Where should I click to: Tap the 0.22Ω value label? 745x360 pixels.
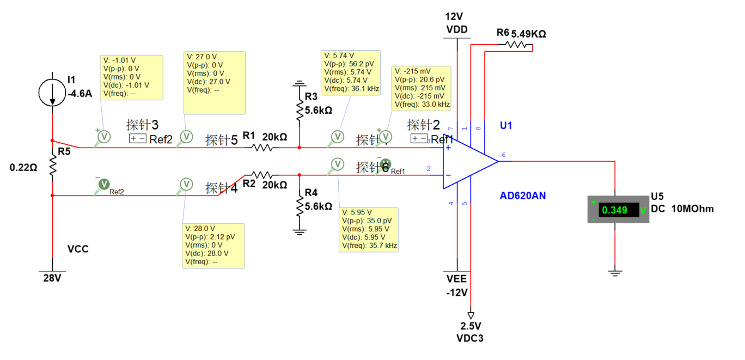tap(23, 168)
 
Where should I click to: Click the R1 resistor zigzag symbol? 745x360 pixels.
tap(266, 147)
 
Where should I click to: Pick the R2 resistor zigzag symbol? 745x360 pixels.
tap(261, 175)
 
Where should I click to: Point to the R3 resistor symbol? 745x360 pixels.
tap(299, 109)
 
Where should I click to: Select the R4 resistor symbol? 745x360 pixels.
tap(299, 206)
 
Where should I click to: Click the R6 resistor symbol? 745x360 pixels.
tap(516, 45)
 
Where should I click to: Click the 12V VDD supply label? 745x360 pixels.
tap(456, 23)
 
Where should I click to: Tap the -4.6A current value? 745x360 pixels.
tap(79, 93)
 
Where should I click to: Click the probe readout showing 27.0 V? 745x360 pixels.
tap(215, 83)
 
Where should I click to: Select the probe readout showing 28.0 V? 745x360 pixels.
tap(213, 245)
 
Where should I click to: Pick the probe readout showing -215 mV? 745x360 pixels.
tap(421, 87)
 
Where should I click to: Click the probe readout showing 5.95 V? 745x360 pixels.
tap(369, 229)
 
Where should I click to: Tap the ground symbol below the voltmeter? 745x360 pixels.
tap(615, 272)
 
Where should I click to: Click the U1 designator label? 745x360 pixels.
tap(506, 126)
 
